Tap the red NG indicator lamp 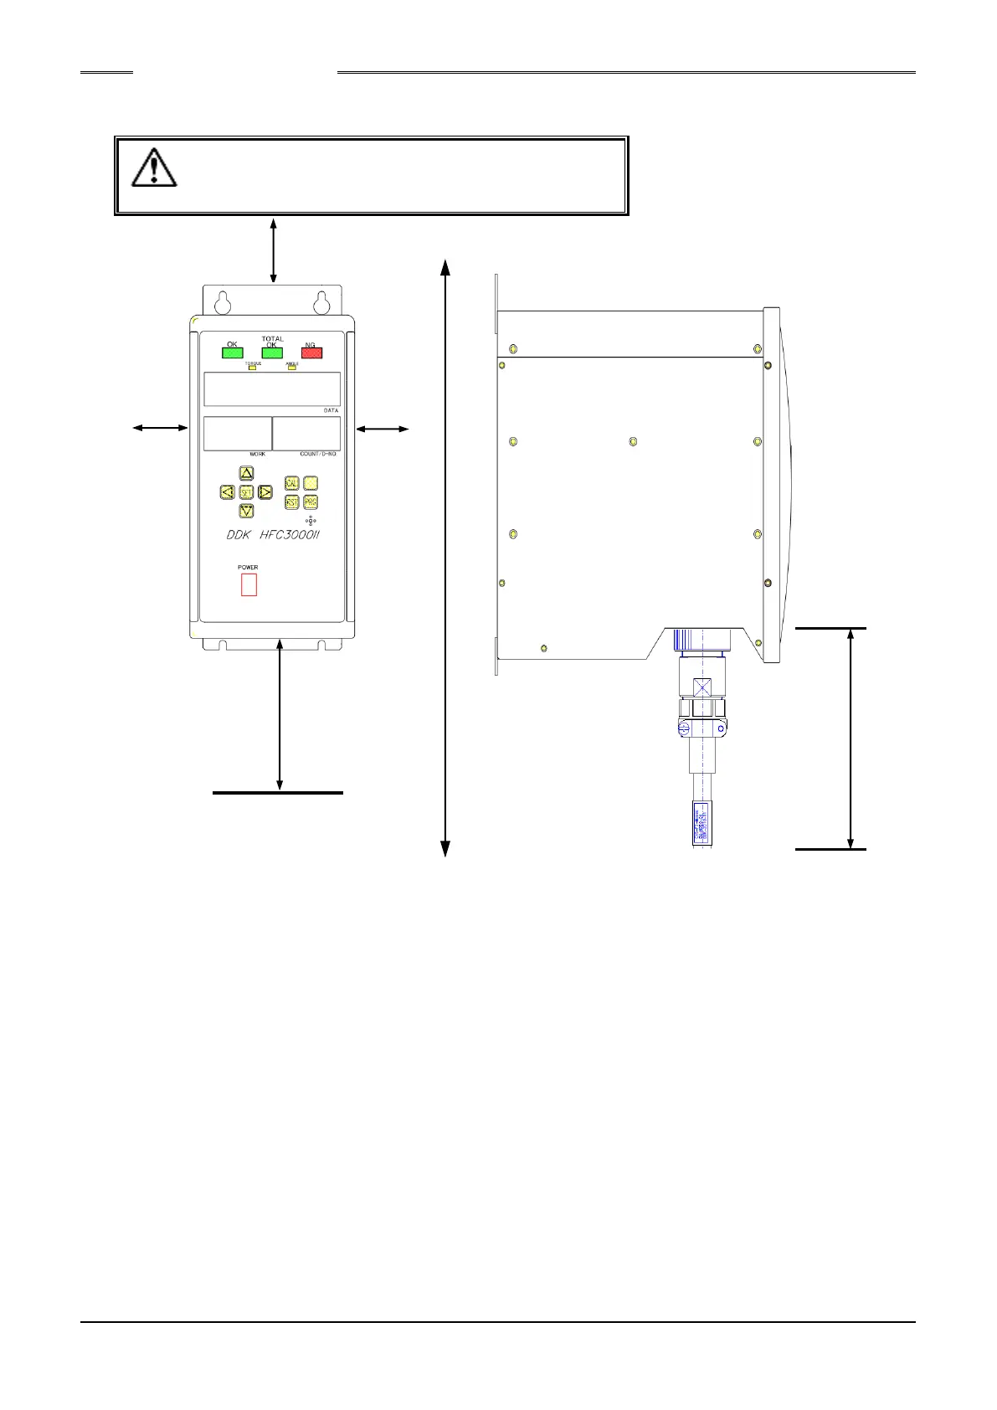pyautogui.click(x=311, y=353)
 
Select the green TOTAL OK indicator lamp pyautogui.click(x=272, y=353)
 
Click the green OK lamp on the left pyautogui.click(x=232, y=352)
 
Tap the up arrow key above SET pyautogui.click(x=246, y=473)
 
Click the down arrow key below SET pyautogui.click(x=246, y=511)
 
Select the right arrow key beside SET pyautogui.click(x=265, y=492)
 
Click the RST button pyautogui.click(x=291, y=502)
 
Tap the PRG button pyautogui.click(x=311, y=502)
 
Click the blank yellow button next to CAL pyautogui.click(x=311, y=483)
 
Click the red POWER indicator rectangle pyautogui.click(x=249, y=584)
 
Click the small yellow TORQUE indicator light pyautogui.click(x=252, y=368)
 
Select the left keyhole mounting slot pyautogui.click(x=224, y=301)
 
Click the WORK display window pyautogui.click(x=237, y=434)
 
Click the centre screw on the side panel pyautogui.click(x=633, y=441)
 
